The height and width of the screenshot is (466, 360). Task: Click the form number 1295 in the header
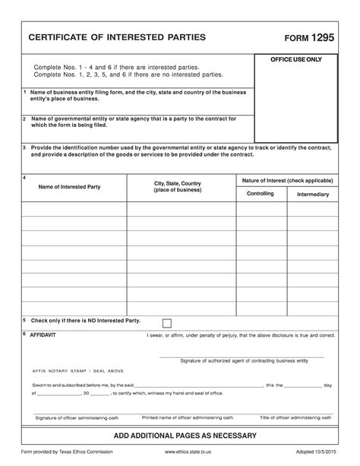[x=320, y=36]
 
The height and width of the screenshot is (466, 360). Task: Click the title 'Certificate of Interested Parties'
[x=117, y=37]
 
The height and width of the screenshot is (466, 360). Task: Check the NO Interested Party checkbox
[x=167, y=322]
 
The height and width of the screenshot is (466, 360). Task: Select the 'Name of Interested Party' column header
[x=69, y=186]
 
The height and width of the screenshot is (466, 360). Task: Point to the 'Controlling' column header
[x=261, y=194]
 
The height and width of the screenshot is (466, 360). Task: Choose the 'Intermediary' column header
[x=313, y=195]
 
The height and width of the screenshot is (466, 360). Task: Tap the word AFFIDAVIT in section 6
[x=43, y=334]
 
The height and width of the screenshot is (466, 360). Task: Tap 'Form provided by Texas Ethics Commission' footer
[x=66, y=452]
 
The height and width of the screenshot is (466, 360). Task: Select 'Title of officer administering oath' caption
[x=295, y=417]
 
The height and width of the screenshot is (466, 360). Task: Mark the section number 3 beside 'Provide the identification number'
[x=24, y=147]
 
